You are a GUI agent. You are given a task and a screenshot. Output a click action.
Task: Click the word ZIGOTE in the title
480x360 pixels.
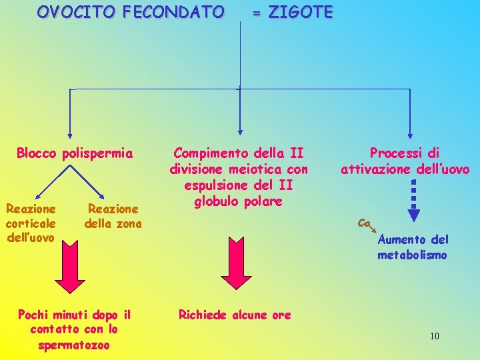click(x=300, y=13)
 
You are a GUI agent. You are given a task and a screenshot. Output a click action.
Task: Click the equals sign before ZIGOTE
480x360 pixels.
click(x=256, y=13)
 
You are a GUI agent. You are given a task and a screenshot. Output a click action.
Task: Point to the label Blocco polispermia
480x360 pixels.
click(x=75, y=153)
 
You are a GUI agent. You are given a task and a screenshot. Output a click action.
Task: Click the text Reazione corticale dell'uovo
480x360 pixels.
click(x=31, y=223)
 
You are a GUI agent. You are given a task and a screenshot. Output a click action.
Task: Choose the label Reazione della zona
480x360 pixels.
click(x=113, y=216)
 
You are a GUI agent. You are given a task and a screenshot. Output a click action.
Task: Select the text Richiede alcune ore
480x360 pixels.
click(x=235, y=315)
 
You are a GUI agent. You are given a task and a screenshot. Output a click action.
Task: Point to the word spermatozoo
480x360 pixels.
click(x=74, y=345)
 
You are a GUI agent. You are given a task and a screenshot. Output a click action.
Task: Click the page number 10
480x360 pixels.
click(x=435, y=336)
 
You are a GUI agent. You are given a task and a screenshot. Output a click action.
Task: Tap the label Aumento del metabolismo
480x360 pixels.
click(x=413, y=247)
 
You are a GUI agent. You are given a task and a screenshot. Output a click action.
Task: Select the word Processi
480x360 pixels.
click(x=395, y=153)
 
